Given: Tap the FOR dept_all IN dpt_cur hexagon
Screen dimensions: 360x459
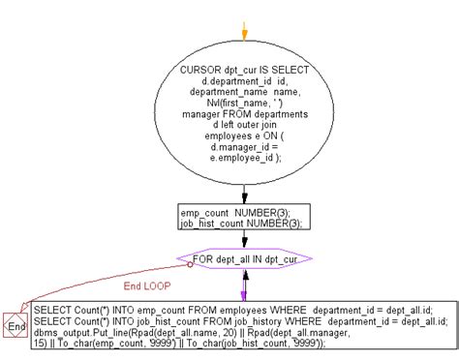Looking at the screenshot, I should [x=244, y=258].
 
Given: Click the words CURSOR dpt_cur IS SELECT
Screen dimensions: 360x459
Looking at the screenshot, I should [x=244, y=72].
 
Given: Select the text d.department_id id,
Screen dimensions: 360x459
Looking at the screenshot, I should [x=243, y=83].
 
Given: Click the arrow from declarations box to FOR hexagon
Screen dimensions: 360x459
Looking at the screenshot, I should [x=244, y=240].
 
